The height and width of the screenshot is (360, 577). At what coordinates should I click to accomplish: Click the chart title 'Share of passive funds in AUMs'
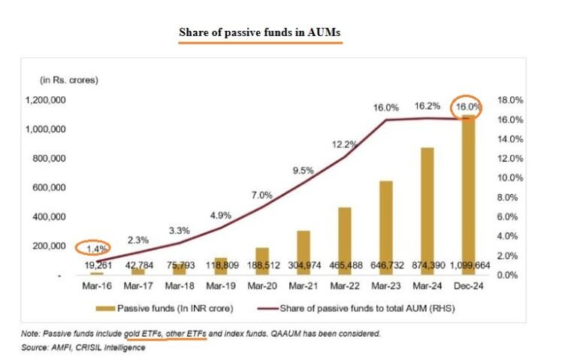click(x=259, y=33)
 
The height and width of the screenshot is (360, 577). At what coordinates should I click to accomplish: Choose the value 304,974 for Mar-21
click(x=304, y=265)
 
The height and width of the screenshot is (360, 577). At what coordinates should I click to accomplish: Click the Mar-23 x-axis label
click(x=385, y=286)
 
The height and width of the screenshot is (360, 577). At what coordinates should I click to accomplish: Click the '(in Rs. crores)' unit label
click(x=69, y=79)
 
